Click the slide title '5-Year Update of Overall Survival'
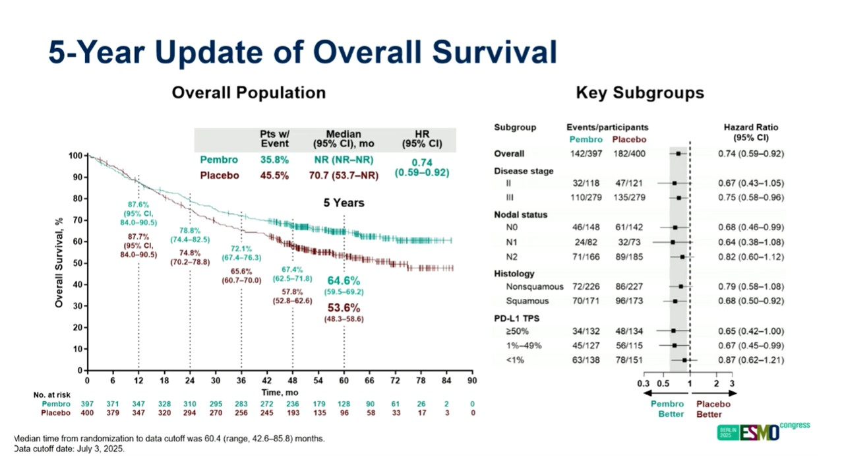tap(303, 53)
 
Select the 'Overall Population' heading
tap(249, 92)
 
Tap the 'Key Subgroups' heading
tap(640, 92)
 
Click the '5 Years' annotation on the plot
tap(344, 203)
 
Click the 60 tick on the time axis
tap(344, 381)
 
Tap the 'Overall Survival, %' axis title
tap(59, 263)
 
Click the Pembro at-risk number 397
tap(88, 403)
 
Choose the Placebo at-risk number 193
tap(292, 413)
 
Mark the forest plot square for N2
tap(682, 257)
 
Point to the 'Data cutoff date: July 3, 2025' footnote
tap(69, 449)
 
